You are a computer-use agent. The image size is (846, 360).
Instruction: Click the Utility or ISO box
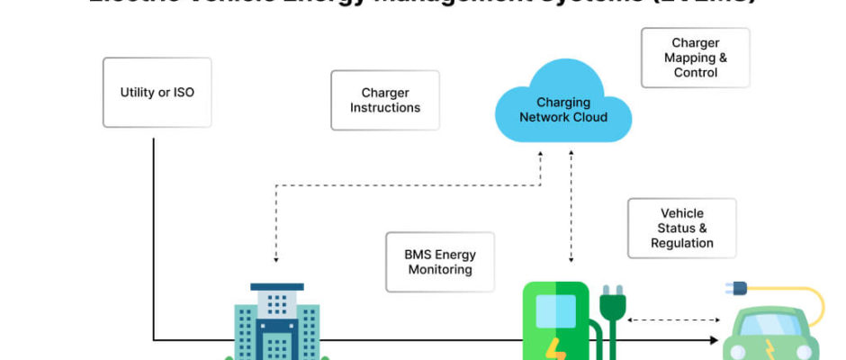[157, 93]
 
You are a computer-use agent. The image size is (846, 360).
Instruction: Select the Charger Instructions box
[385, 100]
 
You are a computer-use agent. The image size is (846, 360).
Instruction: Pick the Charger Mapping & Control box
[696, 58]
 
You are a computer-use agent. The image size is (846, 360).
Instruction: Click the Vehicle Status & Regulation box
[681, 229]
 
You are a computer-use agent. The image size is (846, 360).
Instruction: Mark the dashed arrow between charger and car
[672, 319]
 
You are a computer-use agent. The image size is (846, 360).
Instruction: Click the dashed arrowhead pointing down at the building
[276, 258]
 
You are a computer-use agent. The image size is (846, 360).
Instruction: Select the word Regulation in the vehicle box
[681, 243]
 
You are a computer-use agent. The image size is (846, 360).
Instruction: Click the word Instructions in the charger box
[385, 108]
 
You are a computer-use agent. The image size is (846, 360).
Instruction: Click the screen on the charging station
[554, 310]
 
